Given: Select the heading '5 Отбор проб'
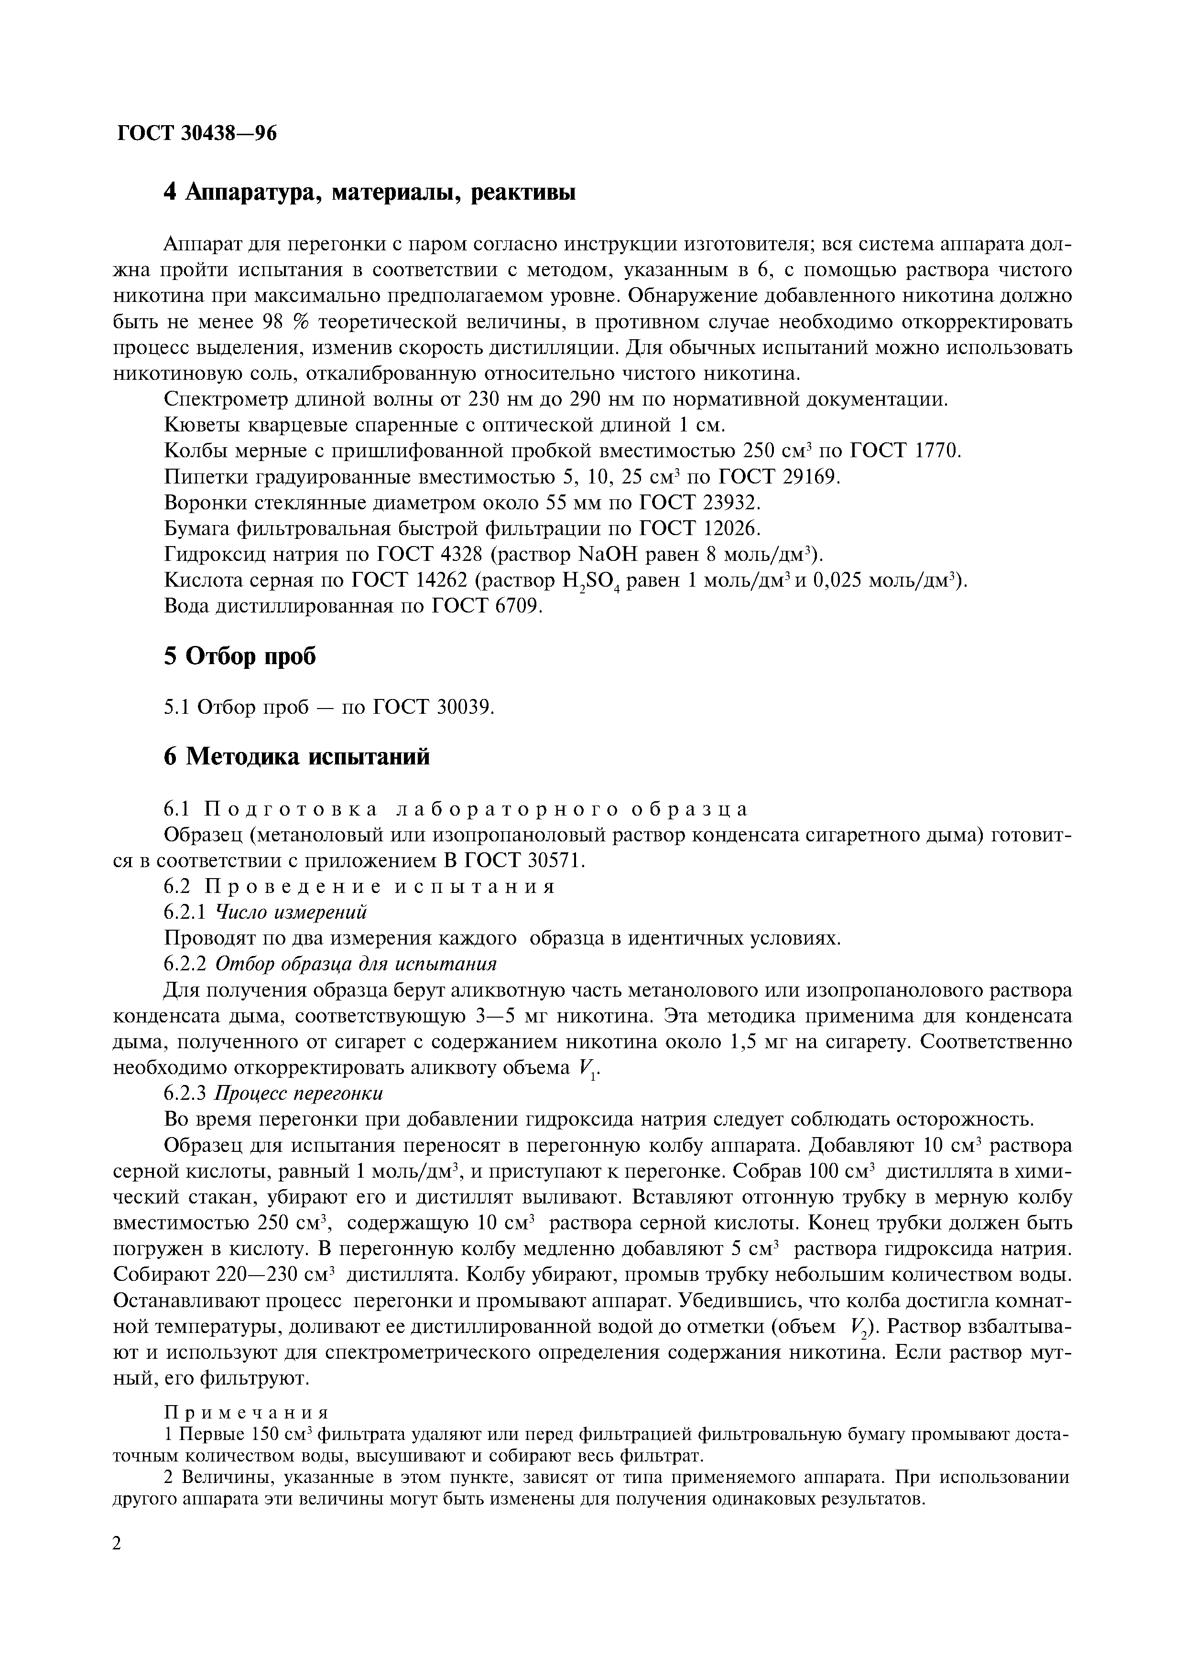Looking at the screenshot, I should tap(240, 656).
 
